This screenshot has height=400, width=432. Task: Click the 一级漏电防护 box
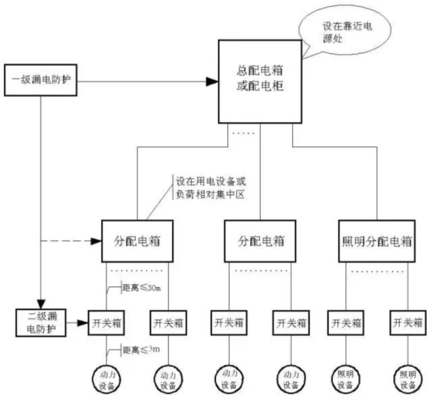pos(41,80)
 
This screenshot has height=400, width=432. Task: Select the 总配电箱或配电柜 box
pos(260,80)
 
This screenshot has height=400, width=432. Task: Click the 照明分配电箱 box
pos(374,241)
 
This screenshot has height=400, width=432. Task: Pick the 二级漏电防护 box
pos(41,322)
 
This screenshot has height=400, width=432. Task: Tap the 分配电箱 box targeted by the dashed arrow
pos(137,241)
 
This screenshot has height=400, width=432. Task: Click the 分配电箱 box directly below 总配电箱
pos(260,241)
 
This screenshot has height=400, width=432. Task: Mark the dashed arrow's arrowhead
pos(97,241)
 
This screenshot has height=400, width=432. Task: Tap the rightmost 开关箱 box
pos(407,322)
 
